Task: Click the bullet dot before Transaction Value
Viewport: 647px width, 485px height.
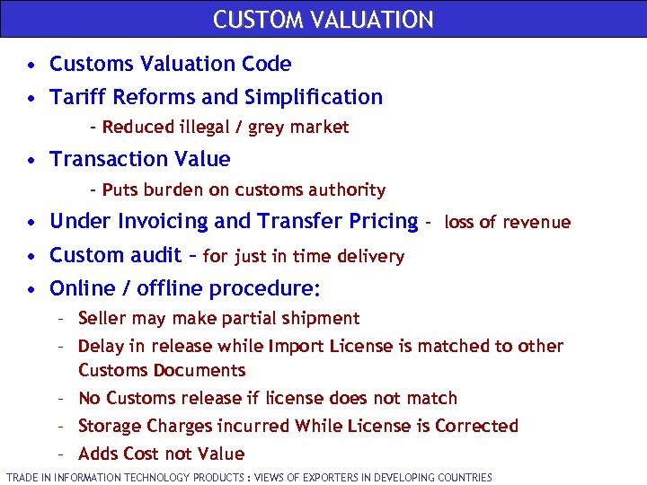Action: [31, 161]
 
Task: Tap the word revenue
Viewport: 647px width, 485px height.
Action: [537, 222]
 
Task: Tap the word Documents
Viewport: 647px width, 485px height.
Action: [199, 370]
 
